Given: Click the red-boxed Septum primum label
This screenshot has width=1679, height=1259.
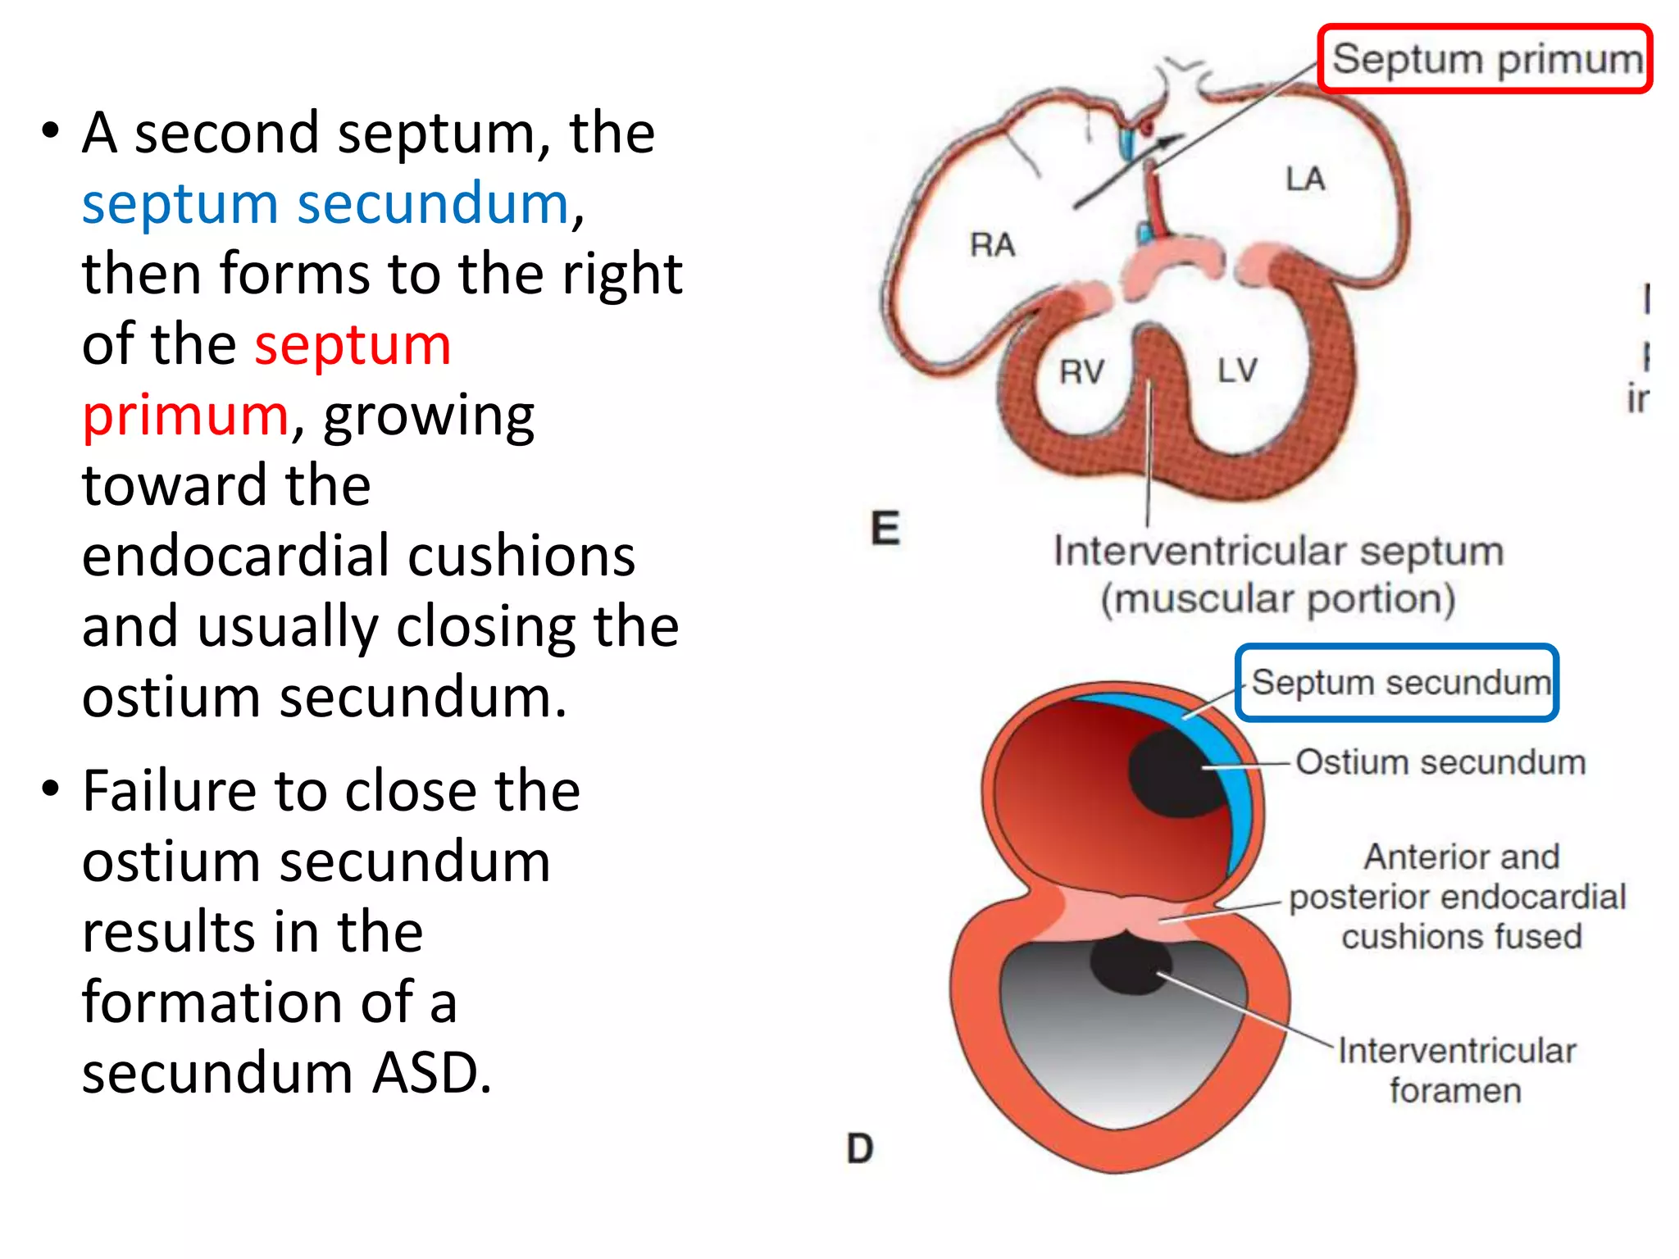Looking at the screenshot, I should tap(1486, 59).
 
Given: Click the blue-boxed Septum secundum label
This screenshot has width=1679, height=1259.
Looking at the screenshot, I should tap(1399, 683).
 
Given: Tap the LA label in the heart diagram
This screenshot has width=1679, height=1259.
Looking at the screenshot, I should tap(1304, 179).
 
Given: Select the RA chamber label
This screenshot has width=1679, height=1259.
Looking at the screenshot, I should tap(992, 244).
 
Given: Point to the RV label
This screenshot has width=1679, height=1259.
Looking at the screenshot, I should tap(1081, 372).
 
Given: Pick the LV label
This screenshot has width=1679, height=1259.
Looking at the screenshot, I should tap(1236, 370).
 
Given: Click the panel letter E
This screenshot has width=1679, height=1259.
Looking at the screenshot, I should tap(885, 528).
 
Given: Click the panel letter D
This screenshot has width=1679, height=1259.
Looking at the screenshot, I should tap(860, 1148).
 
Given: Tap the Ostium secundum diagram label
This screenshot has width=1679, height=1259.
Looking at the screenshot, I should tap(1440, 762).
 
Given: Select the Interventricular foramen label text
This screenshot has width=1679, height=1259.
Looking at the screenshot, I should tap(1456, 1070).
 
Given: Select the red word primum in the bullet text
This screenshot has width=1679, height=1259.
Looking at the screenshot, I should tap(185, 416).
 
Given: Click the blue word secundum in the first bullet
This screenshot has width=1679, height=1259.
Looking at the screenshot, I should tap(432, 203).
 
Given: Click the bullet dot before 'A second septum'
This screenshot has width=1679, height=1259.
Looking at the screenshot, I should tap(51, 131).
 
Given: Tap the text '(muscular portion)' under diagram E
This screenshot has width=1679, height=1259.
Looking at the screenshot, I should tap(1277, 598).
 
